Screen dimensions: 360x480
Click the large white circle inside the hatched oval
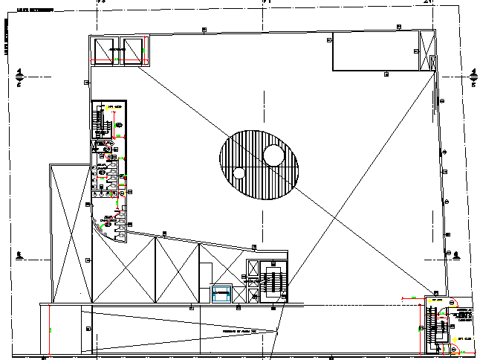tap(273, 155)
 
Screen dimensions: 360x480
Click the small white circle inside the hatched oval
tap(239, 173)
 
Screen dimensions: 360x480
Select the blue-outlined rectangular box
tap(221, 294)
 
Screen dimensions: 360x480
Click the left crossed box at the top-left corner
tap(104, 51)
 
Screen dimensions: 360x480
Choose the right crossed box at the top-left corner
tap(134, 51)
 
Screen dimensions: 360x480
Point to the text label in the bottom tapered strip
tap(239, 330)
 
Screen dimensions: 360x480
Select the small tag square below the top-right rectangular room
tap(386, 74)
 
